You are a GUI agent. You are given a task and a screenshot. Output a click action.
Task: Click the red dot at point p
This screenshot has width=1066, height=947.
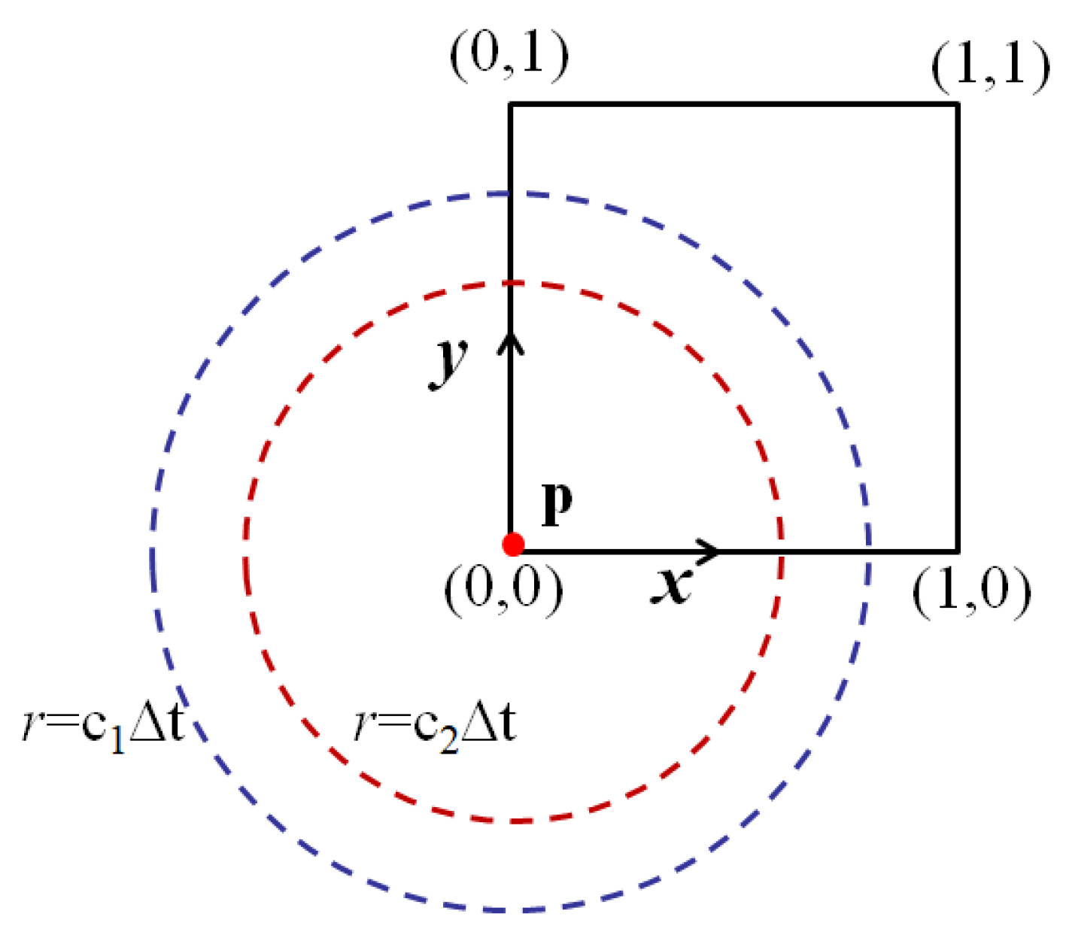513,544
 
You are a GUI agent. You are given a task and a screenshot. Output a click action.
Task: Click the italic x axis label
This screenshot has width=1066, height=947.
671,585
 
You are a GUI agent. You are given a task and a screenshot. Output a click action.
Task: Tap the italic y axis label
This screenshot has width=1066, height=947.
450,362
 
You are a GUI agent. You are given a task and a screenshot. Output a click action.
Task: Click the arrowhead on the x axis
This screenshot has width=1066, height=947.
709,551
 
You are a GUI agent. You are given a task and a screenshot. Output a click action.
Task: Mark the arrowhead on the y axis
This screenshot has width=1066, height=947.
511,343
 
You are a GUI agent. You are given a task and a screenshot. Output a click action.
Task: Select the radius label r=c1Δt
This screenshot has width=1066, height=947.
103,727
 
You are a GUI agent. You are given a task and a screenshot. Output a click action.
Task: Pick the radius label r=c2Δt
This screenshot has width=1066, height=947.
435,727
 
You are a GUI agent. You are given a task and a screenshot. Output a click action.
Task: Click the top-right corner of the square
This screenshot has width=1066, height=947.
958,105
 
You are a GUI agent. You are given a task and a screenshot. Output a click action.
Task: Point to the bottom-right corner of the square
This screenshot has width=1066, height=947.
958,551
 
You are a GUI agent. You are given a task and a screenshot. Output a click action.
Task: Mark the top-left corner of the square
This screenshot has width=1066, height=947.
511,105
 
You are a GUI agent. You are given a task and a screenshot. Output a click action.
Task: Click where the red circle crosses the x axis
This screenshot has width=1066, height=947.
780,551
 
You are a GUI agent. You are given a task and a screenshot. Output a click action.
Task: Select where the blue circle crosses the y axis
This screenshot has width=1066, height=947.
511,194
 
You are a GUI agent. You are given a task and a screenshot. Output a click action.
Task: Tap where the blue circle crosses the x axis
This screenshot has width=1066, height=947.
869,551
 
